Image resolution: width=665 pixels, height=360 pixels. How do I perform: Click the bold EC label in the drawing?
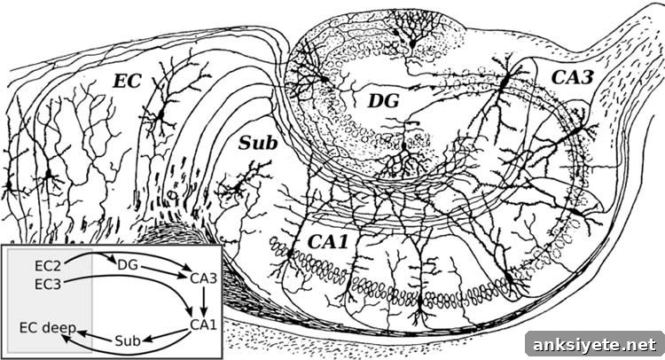[x=127, y=81]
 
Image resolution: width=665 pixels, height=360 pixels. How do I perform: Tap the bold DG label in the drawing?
[x=383, y=101]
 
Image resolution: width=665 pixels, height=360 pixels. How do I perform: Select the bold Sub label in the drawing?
[x=258, y=144]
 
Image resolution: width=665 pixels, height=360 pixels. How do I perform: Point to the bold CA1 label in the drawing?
[x=327, y=242]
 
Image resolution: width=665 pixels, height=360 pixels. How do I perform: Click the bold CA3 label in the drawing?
[x=572, y=77]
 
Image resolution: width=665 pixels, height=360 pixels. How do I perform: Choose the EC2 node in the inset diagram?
[x=48, y=266]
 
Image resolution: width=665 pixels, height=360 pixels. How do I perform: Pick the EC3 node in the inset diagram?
[x=48, y=284]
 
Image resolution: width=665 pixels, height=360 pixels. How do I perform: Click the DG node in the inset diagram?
[x=128, y=265]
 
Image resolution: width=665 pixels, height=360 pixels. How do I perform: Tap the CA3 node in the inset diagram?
[x=204, y=278]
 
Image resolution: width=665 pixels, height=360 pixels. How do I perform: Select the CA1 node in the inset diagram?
[x=204, y=325]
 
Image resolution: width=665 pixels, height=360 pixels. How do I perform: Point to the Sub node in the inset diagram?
[x=127, y=340]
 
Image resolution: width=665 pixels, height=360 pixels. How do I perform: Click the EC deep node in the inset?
[x=48, y=328]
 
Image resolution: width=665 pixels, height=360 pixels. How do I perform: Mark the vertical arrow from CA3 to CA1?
[x=204, y=301]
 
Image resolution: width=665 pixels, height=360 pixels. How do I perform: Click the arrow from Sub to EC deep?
[x=96, y=335]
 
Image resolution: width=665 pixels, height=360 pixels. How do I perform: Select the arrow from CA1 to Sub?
[x=165, y=336]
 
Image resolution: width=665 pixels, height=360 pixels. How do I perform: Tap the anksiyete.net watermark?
[x=595, y=345]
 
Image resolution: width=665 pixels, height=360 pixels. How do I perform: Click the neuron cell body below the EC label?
[x=161, y=114]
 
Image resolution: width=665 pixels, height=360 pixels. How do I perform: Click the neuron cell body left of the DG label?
[x=325, y=79]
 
